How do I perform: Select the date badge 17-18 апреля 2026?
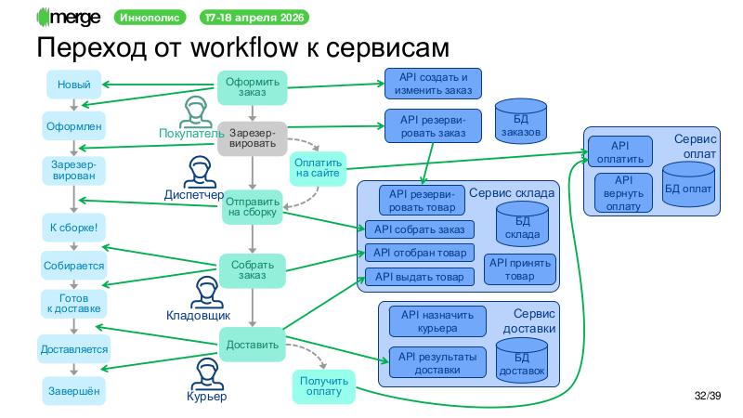(x=254, y=18)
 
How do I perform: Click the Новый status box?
(x=73, y=85)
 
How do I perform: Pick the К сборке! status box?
(x=73, y=227)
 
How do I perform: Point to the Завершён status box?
(x=73, y=391)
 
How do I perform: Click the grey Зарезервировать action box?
(x=252, y=137)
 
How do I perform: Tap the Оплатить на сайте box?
(x=318, y=167)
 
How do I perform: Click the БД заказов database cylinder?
(x=519, y=121)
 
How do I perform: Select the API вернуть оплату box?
(x=623, y=192)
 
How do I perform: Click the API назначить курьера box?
(x=437, y=321)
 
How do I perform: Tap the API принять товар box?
(x=520, y=269)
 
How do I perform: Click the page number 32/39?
(x=708, y=397)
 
